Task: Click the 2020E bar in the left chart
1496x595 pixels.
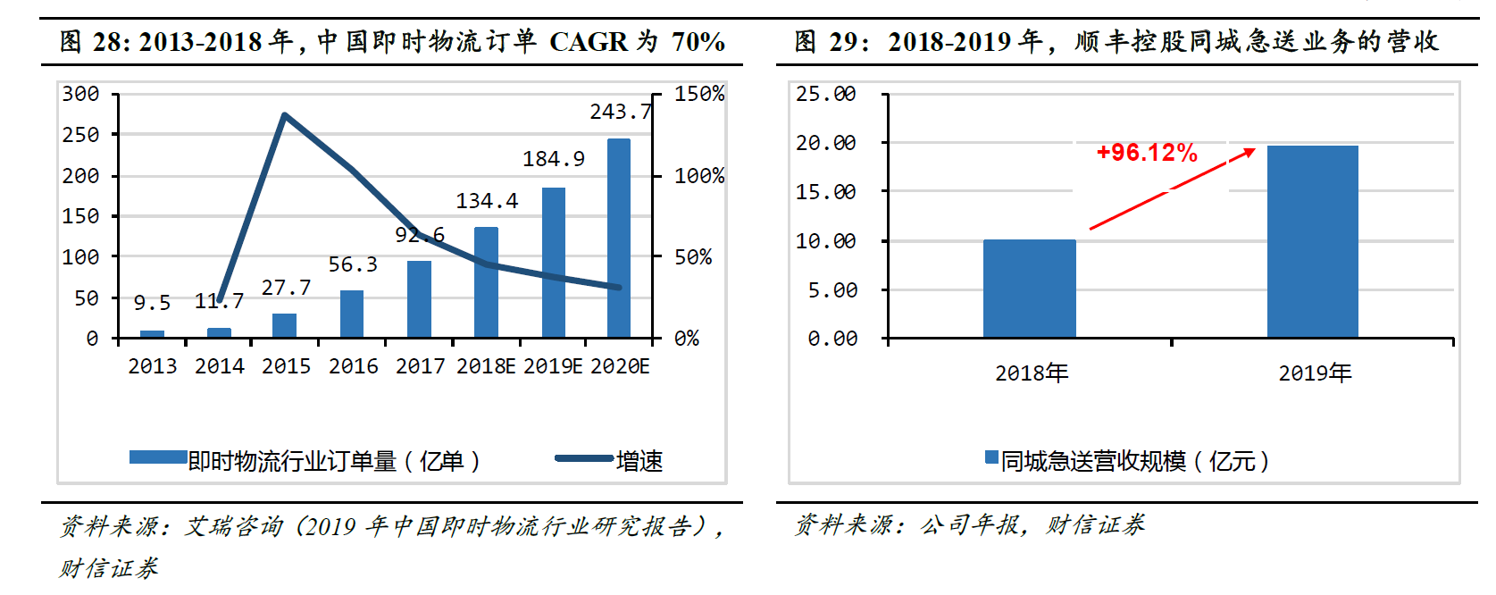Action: [619, 239]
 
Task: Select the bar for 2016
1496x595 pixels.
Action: [352, 314]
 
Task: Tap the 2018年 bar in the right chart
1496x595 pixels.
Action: [1029, 289]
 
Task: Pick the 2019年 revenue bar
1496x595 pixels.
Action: [1312, 241]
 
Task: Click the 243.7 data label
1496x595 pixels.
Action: [620, 112]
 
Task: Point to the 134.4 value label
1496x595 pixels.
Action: [487, 201]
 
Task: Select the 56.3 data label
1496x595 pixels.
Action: [353, 264]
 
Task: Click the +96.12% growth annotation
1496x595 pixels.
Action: [1147, 153]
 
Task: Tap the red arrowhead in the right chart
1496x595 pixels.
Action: [1248, 154]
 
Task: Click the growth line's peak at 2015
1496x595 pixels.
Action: [284, 115]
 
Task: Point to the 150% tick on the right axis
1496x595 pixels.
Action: [698, 94]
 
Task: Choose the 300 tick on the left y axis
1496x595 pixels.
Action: [80, 94]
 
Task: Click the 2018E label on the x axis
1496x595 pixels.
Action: [486, 366]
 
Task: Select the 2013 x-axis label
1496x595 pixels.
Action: [152, 366]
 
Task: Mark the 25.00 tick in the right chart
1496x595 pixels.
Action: [825, 94]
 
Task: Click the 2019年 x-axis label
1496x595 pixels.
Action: [1315, 373]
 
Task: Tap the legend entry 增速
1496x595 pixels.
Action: [639, 461]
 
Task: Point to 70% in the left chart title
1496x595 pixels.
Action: [698, 42]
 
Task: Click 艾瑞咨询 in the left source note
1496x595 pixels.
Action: [234, 526]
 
